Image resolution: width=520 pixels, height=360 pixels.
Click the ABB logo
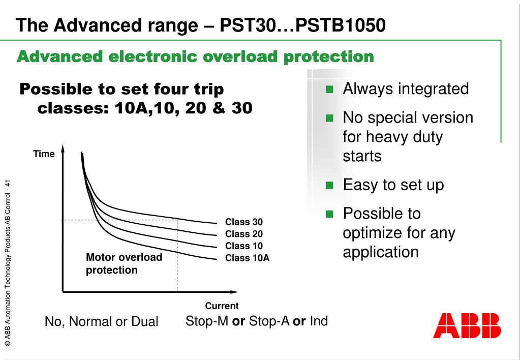pyautogui.click(x=467, y=326)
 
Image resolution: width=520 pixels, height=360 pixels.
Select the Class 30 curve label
pyautogui.click(x=244, y=222)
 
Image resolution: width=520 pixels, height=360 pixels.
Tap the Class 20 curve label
pyautogui.click(x=244, y=234)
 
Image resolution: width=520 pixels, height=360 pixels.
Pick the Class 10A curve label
pyautogui.click(x=247, y=258)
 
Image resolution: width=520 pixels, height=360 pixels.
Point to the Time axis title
pyautogui.click(x=44, y=154)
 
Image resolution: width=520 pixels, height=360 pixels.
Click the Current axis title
pyautogui.click(x=222, y=306)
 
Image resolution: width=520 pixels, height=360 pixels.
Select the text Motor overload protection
pyautogui.click(x=124, y=263)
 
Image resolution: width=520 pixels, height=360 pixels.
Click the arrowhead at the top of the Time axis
pyautogui.click(x=63, y=148)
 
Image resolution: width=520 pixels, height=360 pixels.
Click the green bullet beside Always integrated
pyautogui.click(x=329, y=90)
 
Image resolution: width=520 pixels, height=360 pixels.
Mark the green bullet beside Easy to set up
pyautogui.click(x=329, y=186)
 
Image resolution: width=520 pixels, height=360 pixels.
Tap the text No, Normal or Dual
pyautogui.click(x=101, y=322)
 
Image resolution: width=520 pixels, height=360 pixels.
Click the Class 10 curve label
pyautogui.click(x=244, y=246)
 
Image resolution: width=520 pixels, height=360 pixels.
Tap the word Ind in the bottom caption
pyautogui.click(x=319, y=321)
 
